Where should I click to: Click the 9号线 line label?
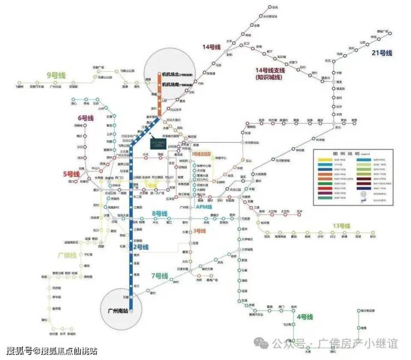click(x=57, y=75)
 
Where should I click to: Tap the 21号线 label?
click(x=381, y=53)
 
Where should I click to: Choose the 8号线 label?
click(x=159, y=213)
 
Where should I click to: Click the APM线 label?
click(x=204, y=207)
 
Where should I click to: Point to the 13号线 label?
click(x=341, y=226)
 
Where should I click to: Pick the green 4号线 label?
click(x=305, y=317)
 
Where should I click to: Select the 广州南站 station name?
click(x=117, y=311)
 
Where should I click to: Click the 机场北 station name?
click(x=169, y=74)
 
